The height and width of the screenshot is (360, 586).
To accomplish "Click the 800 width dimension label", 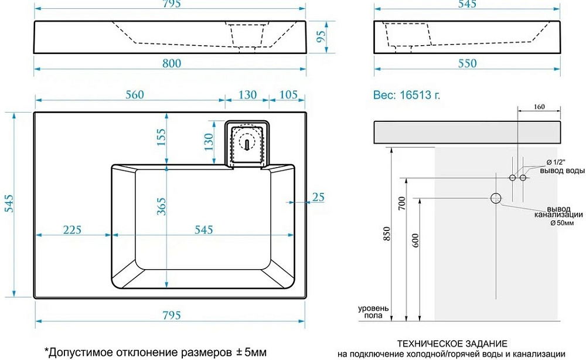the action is pos(172,63).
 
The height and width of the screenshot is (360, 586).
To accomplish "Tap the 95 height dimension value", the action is pos(321,36).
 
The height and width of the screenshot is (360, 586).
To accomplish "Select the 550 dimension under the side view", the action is pos(467,63).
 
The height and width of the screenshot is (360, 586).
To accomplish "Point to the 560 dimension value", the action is pos(135,94).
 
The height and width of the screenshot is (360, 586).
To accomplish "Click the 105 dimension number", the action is pos(288,94).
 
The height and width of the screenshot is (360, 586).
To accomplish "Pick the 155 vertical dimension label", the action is pos(161,137).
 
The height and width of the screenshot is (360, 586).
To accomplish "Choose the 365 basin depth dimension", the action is pos(161,206).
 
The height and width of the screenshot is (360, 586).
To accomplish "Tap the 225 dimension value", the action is pos(71,229).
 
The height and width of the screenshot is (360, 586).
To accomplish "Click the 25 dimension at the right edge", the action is pos(318,197).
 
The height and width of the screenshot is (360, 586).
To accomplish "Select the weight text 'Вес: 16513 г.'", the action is pos(407,95).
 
